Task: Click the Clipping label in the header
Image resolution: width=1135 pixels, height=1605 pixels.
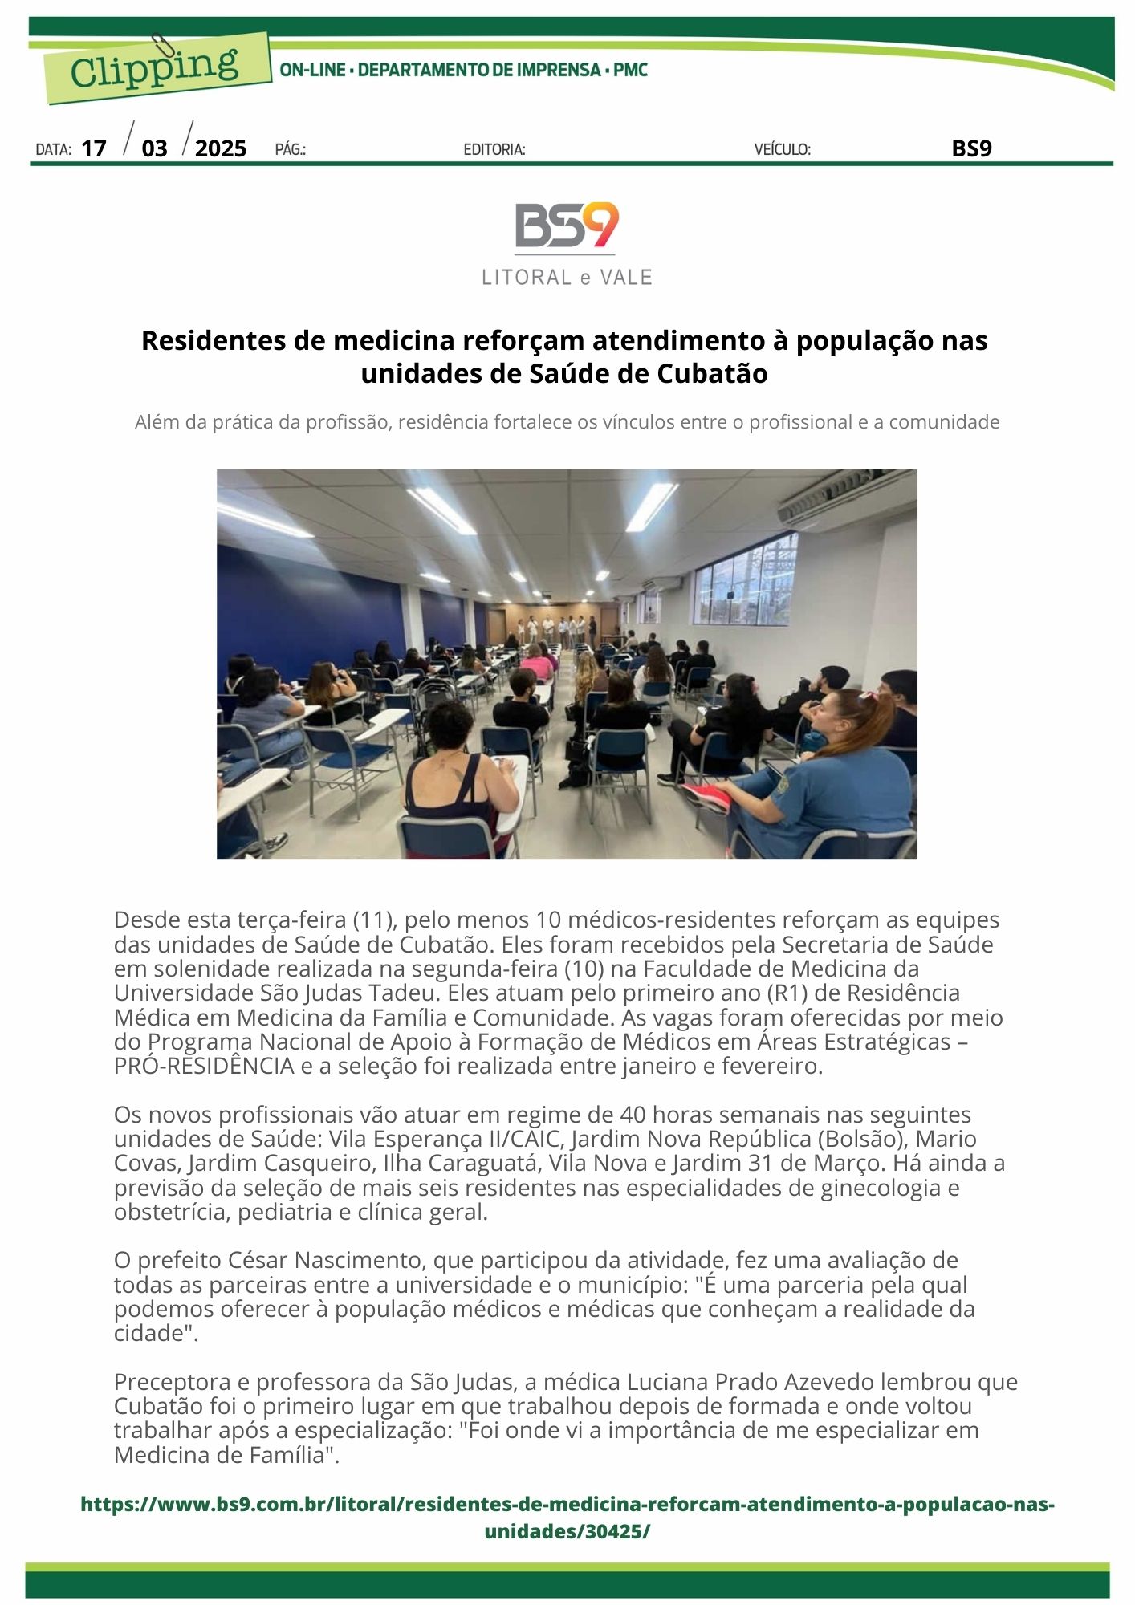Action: point(154,67)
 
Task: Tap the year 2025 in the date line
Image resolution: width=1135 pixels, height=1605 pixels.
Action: point(221,148)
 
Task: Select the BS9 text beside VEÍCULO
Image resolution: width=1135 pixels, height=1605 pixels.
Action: point(971,148)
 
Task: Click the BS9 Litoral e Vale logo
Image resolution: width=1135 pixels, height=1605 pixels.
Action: point(567,243)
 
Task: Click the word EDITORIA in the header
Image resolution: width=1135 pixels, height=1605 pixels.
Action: point(494,149)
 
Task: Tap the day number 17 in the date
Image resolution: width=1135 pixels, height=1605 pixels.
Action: point(94,148)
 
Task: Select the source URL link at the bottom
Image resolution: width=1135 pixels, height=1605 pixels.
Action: point(567,1517)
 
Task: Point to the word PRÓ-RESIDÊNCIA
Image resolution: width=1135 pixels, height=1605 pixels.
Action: point(204,1067)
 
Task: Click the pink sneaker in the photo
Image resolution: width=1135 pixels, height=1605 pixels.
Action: point(706,797)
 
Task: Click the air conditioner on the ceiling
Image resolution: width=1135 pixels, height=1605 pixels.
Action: point(848,493)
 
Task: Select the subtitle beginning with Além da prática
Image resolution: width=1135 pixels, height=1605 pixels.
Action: point(567,422)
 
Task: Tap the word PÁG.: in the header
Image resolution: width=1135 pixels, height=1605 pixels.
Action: point(290,149)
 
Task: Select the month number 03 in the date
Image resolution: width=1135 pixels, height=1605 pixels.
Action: point(155,148)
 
